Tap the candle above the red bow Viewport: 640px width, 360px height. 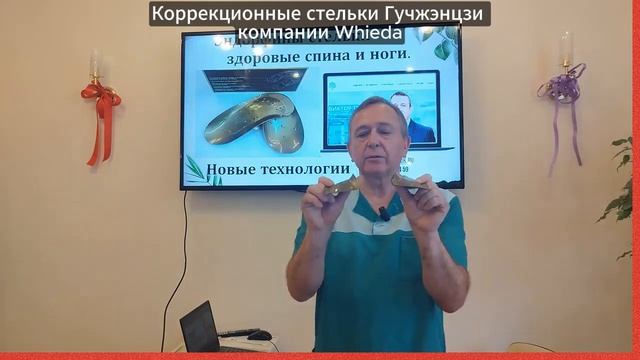point(97,66)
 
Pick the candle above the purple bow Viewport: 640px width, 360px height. point(566,48)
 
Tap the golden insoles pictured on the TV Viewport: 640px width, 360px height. point(255,120)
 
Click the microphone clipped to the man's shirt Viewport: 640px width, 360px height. point(384,213)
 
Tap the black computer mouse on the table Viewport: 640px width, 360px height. point(259,335)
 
